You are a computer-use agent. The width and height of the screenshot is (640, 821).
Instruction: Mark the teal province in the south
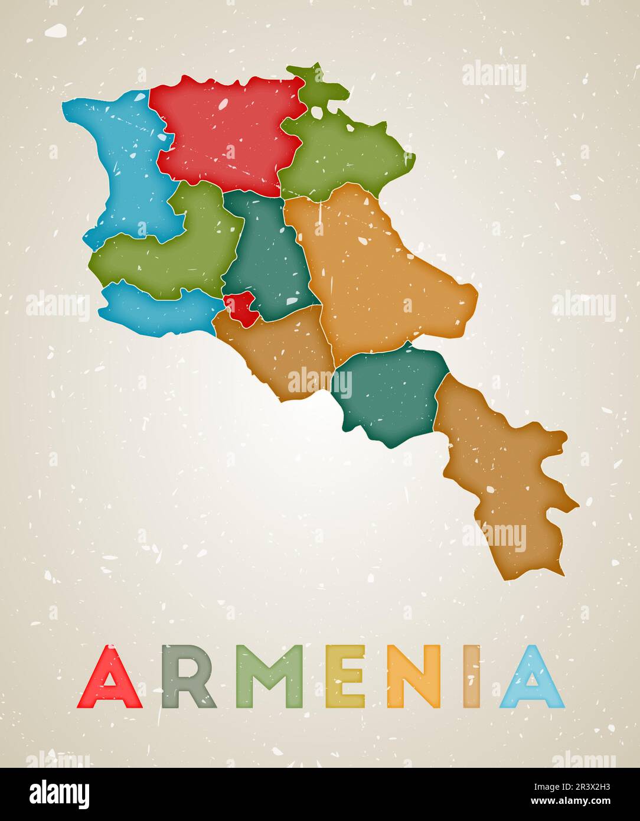[x=390, y=393]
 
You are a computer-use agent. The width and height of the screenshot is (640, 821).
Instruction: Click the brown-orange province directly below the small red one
[x=277, y=354]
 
